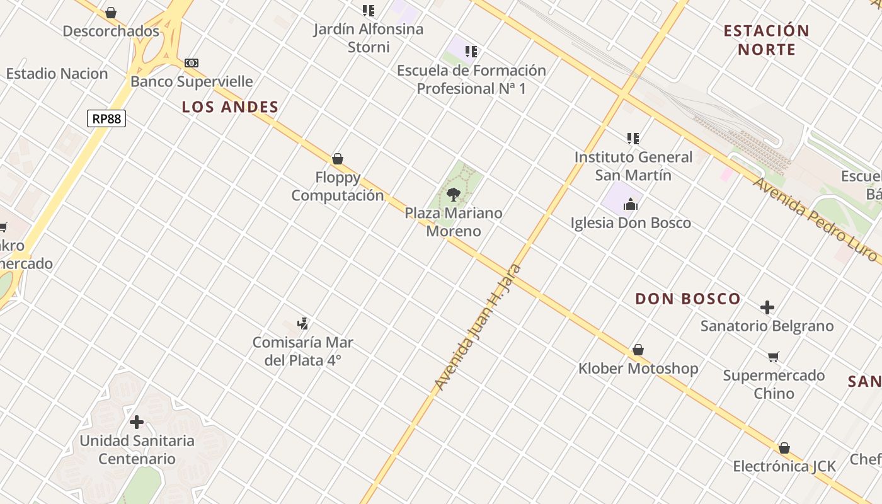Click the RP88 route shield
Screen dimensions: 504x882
tap(106, 118)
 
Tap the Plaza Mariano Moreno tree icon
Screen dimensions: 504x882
tap(453, 194)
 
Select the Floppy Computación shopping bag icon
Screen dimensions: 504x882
tap(338, 159)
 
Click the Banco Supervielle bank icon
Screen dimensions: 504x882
tap(192, 63)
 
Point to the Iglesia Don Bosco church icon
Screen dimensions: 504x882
tap(631, 203)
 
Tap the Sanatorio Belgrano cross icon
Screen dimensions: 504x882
tap(767, 307)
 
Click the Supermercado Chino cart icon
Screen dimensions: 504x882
tap(774, 357)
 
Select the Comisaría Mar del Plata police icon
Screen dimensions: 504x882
tap(303, 324)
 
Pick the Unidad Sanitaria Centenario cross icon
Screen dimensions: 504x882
tap(137, 422)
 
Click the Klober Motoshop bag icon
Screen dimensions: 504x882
tap(638, 350)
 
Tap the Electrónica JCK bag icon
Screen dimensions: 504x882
tap(784, 448)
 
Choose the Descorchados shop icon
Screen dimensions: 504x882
tap(111, 13)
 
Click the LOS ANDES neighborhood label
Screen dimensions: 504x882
tap(230, 107)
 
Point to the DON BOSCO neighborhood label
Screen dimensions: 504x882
tap(687, 299)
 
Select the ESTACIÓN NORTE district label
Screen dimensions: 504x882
tap(766, 40)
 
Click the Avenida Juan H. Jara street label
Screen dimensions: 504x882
tap(475, 327)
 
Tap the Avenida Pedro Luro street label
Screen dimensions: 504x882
tap(815, 219)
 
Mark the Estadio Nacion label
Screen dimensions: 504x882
tap(57, 74)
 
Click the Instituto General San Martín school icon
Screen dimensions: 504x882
tap(633, 138)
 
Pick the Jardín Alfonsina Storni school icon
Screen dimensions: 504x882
tap(369, 11)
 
